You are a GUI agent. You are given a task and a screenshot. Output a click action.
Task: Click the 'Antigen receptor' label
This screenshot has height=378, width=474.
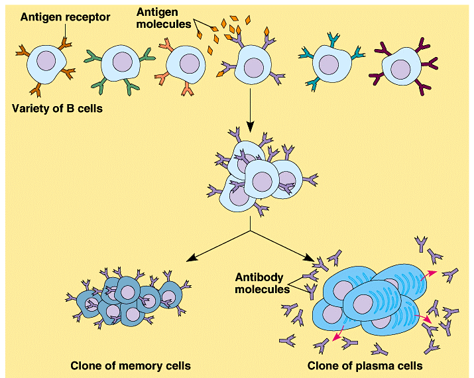65,17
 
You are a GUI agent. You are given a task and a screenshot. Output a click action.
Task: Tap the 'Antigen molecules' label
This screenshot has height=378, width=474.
164,18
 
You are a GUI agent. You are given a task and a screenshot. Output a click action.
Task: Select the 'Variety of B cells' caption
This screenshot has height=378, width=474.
57,108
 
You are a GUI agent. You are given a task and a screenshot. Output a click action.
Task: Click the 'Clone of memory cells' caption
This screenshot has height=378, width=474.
131,365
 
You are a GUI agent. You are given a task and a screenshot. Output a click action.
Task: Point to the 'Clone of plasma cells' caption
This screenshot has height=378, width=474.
365,365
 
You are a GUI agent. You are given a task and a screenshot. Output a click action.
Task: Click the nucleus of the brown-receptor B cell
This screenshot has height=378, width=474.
46,61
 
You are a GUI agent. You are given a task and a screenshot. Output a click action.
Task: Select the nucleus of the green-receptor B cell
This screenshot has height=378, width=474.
123,62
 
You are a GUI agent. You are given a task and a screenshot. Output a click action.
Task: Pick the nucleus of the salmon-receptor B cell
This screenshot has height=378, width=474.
190,64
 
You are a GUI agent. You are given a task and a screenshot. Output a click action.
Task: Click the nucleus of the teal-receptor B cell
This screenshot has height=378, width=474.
329,65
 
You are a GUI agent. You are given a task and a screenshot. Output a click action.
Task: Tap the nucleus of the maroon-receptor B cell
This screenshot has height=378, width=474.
400,70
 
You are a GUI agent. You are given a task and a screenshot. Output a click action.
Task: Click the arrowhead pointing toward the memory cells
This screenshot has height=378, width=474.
191,258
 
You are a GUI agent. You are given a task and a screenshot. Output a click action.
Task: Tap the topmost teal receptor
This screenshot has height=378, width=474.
333,39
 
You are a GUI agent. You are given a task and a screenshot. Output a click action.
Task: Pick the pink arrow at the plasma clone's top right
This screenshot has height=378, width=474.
428,275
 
